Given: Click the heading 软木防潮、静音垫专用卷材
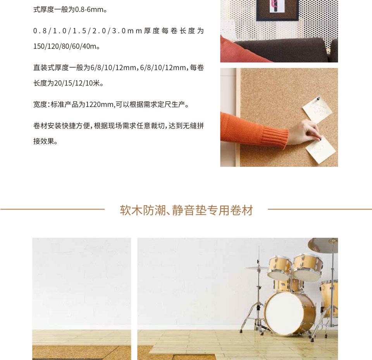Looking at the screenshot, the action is click(186, 210).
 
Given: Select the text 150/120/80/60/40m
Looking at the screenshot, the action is click(65, 46).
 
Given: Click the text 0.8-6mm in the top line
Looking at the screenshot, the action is click(90, 10).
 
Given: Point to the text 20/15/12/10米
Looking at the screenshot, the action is click(77, 83).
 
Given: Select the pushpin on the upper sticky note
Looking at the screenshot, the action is click(318, 99).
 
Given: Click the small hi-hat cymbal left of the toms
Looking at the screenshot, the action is click(257, 268).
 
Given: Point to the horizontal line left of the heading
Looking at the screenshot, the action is click(52, 209).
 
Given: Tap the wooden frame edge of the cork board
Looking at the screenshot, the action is click(238, 117).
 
